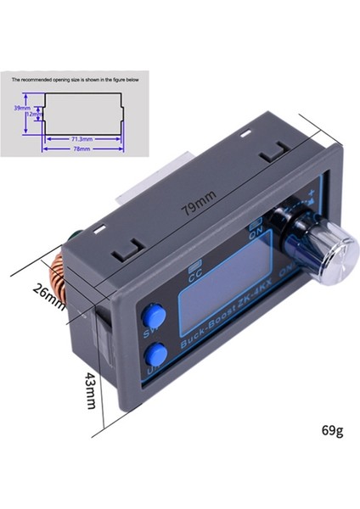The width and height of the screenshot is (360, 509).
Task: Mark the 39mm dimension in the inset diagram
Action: pyautogui.click(x=21, y=109)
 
